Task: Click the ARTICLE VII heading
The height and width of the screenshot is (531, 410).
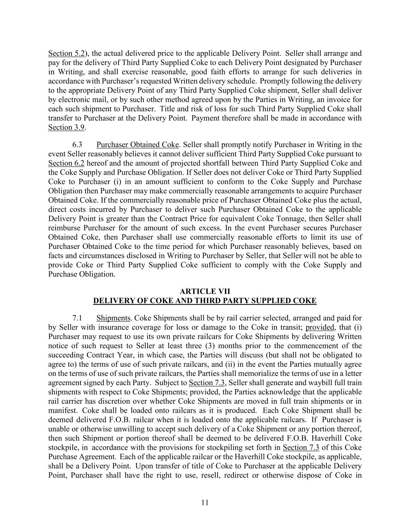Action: [x=205, y=291]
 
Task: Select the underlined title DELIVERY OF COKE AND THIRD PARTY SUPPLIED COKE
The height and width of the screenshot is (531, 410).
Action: [x=205, y=301]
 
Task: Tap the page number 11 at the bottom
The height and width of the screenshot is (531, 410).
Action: [x=205, y=502]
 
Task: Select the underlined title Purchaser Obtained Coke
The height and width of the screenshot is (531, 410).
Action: [x=137, y=145]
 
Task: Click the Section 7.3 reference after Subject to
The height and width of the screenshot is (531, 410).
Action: [x=207, y=383]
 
